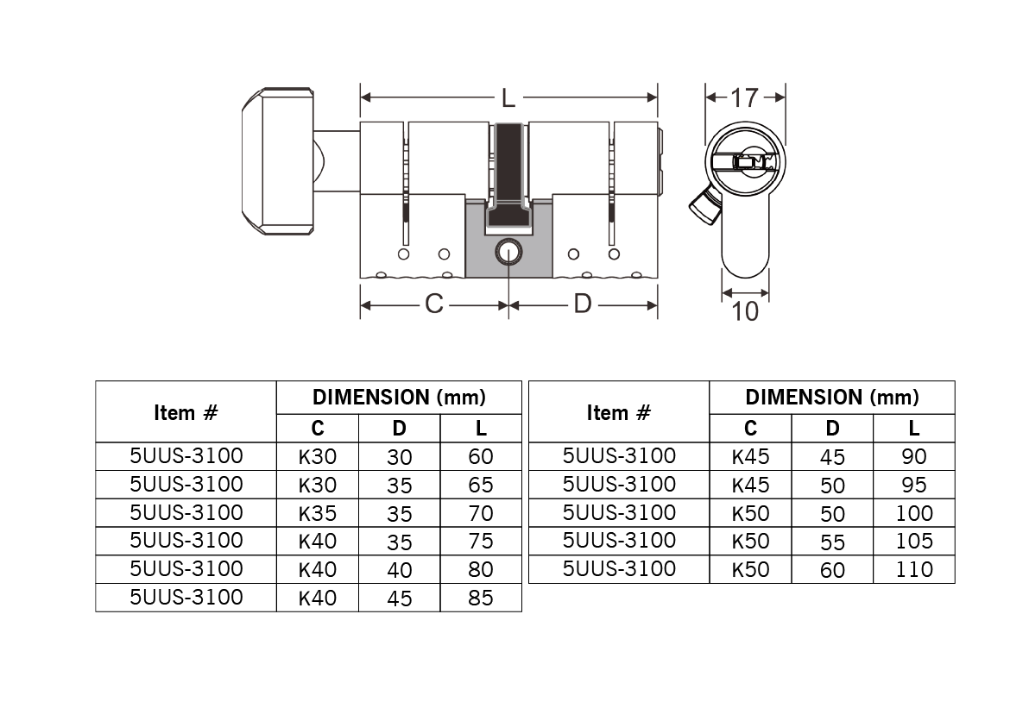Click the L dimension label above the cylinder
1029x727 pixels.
(x=508, y=98)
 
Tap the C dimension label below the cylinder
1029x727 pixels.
(x=433, y=304)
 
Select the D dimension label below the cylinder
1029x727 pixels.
(x=583, y=304)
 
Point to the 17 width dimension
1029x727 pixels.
(x=745, y=98)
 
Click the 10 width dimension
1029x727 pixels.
(x=745, y=312)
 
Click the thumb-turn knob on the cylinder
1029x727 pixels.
(x=278, y=161)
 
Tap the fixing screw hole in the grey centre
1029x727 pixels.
(x=508, y=253)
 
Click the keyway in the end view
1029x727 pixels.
(x=746, y=161)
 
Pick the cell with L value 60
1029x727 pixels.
(x=480, y=456)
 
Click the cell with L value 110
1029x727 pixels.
(x=913, y=569)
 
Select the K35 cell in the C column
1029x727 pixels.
(x=318, y=512)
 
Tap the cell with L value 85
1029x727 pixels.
(x=480, y=598)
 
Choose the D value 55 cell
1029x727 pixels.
(x=832, y=541)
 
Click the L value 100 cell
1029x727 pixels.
(x=913, y=512)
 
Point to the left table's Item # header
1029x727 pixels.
(x=186, y=412)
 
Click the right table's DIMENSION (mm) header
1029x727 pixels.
(x=832, y=398)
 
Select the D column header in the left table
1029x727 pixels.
(x=399, y=428)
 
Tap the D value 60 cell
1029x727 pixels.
(x=832, y=569)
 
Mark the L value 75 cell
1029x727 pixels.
(x=480, y=541)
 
